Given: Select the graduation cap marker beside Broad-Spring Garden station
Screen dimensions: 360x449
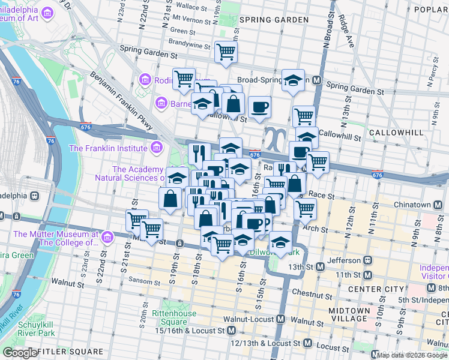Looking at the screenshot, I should tap(292, 81).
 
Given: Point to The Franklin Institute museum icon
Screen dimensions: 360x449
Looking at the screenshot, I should tap(156, 148).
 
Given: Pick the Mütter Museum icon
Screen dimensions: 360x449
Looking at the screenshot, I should tap(108, 239).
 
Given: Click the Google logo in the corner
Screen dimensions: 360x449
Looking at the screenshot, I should tap(19, 352).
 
